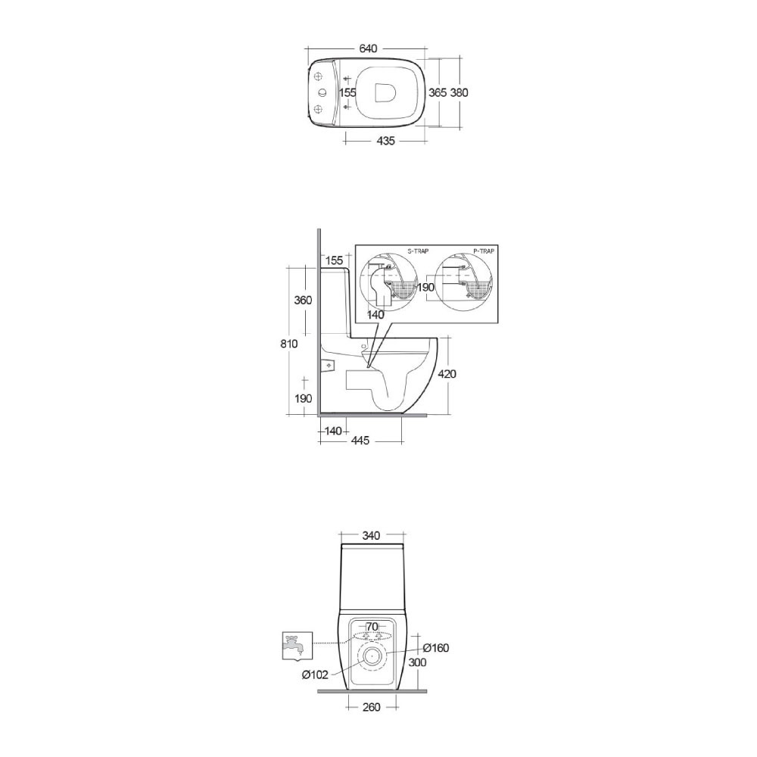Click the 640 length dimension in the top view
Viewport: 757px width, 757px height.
click(x=368, y=48)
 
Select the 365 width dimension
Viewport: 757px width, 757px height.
click(x=438, y=92)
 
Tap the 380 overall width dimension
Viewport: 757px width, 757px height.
click(x=459, y=92)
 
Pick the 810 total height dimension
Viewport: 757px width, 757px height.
click(x=288, y=343)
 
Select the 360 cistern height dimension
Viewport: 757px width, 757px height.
click(x=303, y=300)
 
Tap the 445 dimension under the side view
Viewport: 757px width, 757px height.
click(x=360, y=441)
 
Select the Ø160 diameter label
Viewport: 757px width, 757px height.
click(x=436, y=647)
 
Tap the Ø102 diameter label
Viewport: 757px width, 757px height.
click(x=314, y=674)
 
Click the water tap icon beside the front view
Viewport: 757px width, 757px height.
click(x=294, y=644)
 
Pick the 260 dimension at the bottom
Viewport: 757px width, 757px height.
click(x=371, y=707)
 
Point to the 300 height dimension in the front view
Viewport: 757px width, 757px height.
click(x=417, y=662)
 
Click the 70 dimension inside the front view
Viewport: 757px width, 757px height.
click(x=371, y=626)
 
